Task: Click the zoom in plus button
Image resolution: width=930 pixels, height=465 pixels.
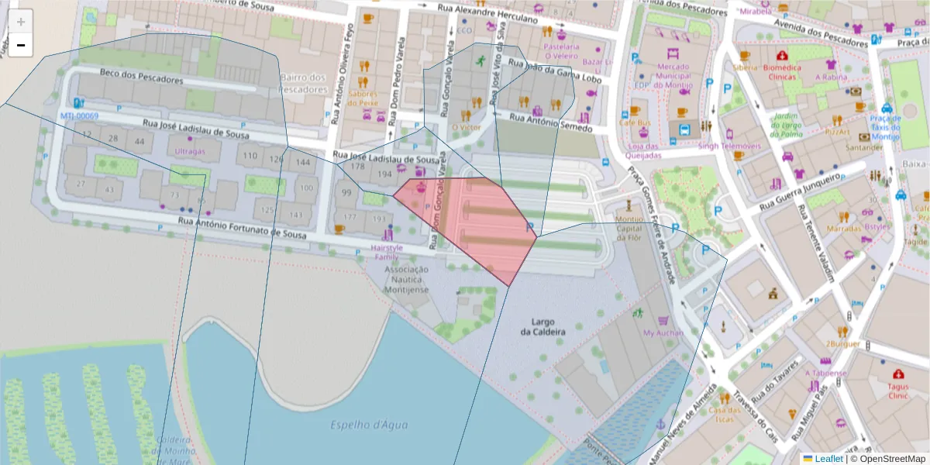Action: click(x=21, y=22)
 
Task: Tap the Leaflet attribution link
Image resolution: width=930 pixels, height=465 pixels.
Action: click(x=828, y=459)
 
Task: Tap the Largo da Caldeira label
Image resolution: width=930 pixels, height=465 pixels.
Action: click(x=548, y=326)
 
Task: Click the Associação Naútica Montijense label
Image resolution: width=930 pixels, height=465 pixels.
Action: click(x=407, y=278)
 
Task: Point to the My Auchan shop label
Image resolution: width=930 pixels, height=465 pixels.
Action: click(x=663, y=333)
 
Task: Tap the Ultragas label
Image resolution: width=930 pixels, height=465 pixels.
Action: click(x=190, y=151)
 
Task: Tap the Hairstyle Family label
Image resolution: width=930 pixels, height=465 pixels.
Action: click(x=387, y=252)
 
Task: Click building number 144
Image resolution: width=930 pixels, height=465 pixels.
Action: click(x=304, y=162)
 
